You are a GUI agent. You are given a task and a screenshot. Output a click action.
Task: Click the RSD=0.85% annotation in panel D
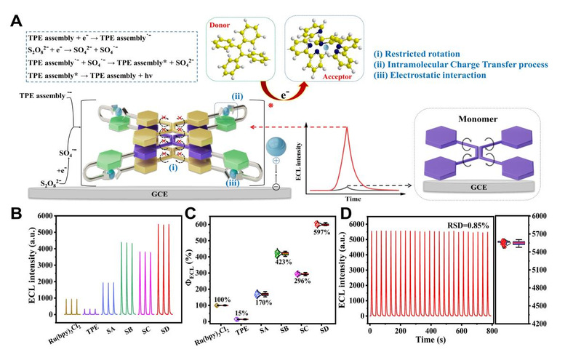pos(464,224)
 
